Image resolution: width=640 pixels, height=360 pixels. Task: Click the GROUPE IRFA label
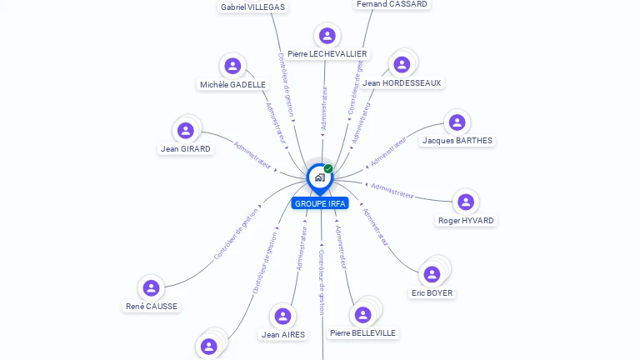(x=320, y=203)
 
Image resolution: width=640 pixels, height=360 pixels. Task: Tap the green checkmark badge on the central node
(x=328, y=169)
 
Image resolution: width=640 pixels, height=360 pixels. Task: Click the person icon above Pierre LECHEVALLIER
(x=327, y=35)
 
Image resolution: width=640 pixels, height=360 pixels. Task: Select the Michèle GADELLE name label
(x=232, y=84)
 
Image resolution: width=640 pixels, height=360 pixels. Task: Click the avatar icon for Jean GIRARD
(x=186, y=130)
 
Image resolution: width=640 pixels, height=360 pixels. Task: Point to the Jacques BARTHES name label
(x=457, y=141)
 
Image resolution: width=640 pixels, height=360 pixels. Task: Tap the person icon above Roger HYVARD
(x=465, y=202)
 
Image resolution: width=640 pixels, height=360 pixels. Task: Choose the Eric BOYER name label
(x=432, y=293)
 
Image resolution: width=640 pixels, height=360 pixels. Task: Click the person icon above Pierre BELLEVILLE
(x=362, y=314)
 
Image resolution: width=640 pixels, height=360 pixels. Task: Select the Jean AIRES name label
(x=283, y=335)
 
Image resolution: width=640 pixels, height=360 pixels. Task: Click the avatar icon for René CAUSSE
(x=151, y=287)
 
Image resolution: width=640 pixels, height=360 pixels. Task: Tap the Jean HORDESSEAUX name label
(x=402, y=83)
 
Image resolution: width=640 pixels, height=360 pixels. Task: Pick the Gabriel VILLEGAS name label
(x=252, y=7)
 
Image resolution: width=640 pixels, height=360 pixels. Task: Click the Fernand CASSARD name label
(x=392, y=4)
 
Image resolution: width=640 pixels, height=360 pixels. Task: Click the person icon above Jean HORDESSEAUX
(x=402, y=64)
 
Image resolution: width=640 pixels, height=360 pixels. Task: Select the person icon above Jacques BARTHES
(x=457, y=122)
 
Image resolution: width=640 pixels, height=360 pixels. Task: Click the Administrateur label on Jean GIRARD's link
(x=253, y=156)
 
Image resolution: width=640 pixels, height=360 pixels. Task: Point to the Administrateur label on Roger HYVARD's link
(x=392, y=191)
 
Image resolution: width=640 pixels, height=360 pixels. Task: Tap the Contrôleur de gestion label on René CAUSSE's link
(x=236, y=233)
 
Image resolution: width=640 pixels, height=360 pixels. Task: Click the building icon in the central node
(x=319, y=177)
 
